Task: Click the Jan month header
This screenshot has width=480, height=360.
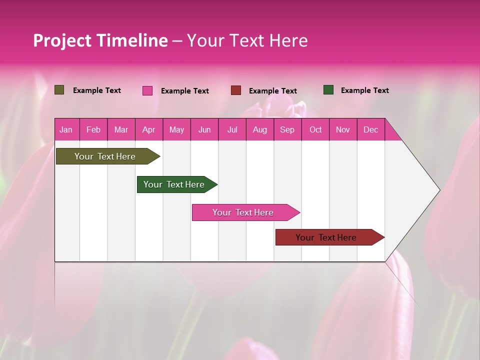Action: [66, 129]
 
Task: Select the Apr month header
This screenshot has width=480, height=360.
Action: [149, 129]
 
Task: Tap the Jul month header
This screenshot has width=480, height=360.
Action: [232, 129]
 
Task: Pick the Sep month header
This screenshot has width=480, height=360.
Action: [287, 129]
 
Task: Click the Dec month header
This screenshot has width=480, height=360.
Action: [370, 129]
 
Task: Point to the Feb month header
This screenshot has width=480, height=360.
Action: [93, 129]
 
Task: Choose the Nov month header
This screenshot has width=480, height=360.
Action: [343, 129]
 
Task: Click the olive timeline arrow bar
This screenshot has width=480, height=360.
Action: [105, 156]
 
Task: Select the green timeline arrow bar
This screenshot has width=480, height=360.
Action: [174, 184]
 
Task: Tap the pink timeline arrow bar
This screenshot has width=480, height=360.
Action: [243, 212]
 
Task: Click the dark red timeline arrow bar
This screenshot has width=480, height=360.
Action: [326, 237]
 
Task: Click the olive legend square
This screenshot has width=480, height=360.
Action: [59, 90]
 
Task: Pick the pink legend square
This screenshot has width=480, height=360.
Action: [147, 90]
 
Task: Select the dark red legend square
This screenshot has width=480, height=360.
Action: [236, 90]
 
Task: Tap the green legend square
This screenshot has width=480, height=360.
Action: [328, 90]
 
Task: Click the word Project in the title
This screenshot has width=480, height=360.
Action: [62, 40]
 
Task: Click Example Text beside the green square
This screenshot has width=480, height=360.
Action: [364, 90]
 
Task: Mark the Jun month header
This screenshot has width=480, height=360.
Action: [204, 129]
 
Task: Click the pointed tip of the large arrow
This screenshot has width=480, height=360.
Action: [438, 190]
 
